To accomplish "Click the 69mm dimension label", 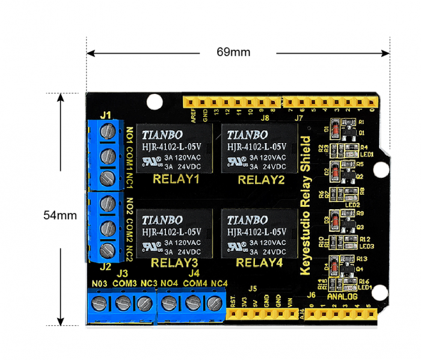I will click(x=233, y=52).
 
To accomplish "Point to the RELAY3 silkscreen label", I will click(x=174, y=263).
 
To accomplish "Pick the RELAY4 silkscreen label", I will click(x=259, y=263).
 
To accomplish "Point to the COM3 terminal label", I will click(x=124, y=283).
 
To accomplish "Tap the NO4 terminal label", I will click(x=170, y=283).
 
